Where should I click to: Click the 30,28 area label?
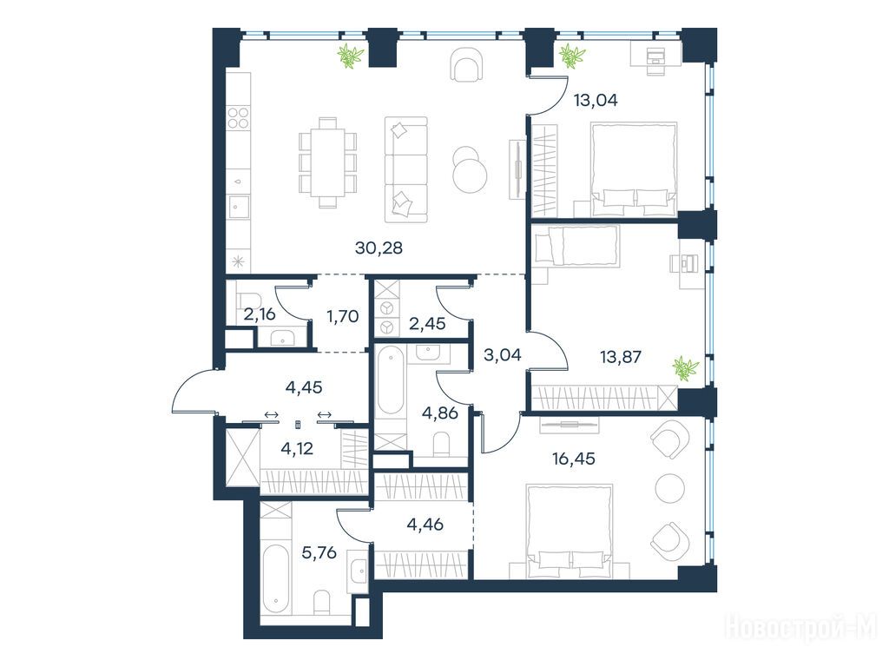point(379,248)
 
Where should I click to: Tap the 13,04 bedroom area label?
point(596,101)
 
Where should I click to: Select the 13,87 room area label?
point(620,357)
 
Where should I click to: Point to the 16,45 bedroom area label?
point(574,459)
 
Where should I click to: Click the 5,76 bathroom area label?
point(319,551)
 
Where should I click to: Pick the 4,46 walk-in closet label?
point(425,525)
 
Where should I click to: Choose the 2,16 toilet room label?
point(260,314)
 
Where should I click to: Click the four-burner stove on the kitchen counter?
point(238,118)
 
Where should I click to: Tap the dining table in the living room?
point(327,162)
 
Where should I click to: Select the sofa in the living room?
point(406,169)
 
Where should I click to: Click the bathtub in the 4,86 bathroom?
point(390,381)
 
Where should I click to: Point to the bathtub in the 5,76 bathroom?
point(275,578)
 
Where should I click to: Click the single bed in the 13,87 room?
point(575,245)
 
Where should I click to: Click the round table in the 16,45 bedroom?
point(670,488)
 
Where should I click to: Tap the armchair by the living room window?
point(468,64)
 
